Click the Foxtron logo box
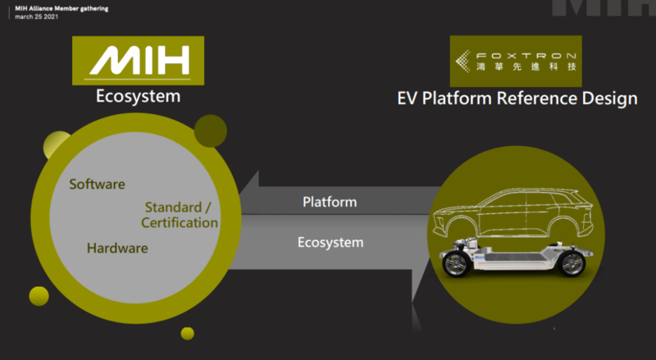516,61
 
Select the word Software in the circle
97,184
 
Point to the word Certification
180,222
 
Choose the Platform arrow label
329,202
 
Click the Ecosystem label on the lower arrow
330,243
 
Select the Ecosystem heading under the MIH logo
138,97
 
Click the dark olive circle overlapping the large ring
210,130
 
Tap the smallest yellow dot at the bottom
187,333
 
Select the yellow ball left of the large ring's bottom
39,296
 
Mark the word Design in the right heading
608,99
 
